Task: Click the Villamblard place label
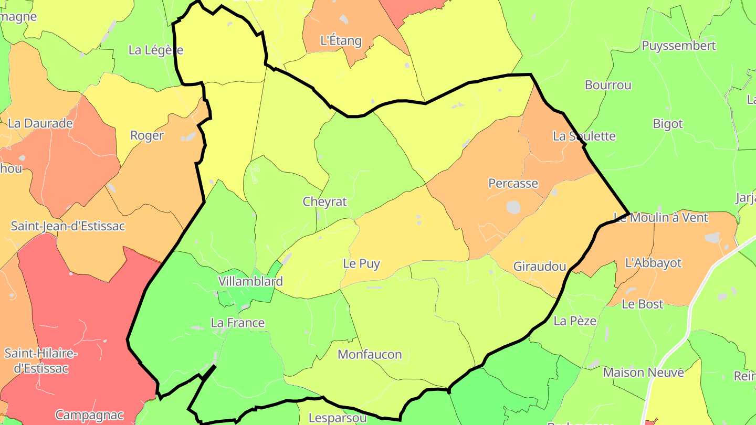(x=250, y=281)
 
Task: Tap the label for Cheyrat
(x=325, y=201)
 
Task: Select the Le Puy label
(x=361, y=263)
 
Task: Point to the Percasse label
(x=513, y=183)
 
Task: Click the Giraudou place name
(x=540, y=266)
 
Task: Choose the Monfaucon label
(x=370, y=354)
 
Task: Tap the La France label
(x=237, y=323)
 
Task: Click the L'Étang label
(x=341, y=40)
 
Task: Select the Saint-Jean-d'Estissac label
(x=68, y=226)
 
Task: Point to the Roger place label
(x=147, y=135)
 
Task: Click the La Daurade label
(x=40, y=124)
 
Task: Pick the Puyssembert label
(x=679, y=46)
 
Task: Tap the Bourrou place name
(x=608, y=85)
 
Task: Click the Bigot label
(x=668, y=124)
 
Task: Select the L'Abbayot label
(x=653, y=263)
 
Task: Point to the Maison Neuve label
(x=644, y=373)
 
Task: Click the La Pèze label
(x=575, y=321)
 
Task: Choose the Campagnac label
(x=89, y=415)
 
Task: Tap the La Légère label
(x=156, y=50)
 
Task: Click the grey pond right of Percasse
(x=513, y=207)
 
